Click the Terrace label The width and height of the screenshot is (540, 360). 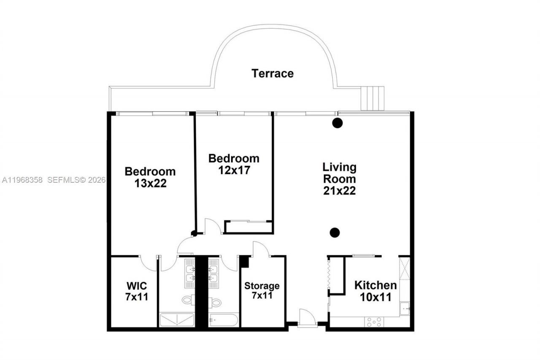pos(273,73)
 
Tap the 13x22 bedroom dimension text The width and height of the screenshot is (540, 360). pos(150,184)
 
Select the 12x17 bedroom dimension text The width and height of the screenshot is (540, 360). pos(234,171)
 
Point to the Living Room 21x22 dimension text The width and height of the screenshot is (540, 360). pos(340,191)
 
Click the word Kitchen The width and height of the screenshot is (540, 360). pos(375,285)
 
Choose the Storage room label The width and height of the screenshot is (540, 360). pos(262,286)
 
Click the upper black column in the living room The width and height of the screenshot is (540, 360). pos(337,123)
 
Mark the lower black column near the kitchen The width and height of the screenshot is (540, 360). pos(335,232)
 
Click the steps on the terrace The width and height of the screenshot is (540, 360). pos(373,98)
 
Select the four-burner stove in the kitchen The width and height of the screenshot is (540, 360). pos(374,322)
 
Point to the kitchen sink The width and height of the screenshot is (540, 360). pos(405,308)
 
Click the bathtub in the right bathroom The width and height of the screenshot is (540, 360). pos(224,319)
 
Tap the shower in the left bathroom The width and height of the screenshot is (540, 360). pos(176,319)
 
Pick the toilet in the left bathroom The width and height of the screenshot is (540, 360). pos(187,300)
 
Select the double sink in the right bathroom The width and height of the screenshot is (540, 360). pos(213,273)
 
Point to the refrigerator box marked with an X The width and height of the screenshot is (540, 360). pos(404,268)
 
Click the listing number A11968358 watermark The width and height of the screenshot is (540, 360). pos(23,180)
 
